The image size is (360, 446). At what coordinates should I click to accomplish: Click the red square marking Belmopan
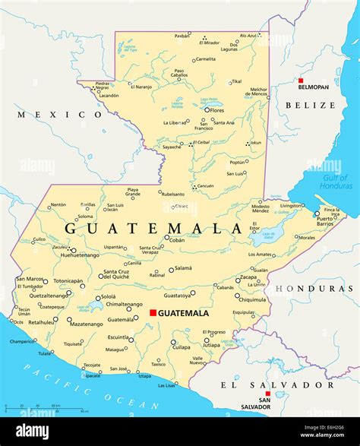pos(301,80)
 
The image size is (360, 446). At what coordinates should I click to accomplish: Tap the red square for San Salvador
pos(266,384)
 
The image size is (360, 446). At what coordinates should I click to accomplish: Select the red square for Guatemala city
pos(153,312)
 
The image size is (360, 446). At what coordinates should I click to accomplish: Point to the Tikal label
pos(236,81)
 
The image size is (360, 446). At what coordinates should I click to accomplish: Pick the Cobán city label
pos(176,239)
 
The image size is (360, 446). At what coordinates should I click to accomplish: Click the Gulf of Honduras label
pos(335,182)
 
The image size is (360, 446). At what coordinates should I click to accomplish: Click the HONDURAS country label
pos(315,289)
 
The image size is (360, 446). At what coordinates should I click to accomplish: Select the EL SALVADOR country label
pos(266,384)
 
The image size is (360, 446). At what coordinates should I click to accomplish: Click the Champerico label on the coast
pos(22,341)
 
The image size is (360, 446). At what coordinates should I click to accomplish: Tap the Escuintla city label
pos(118,337)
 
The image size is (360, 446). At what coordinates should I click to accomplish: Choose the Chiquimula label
pos(252,299)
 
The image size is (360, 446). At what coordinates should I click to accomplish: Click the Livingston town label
pos(290,205)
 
